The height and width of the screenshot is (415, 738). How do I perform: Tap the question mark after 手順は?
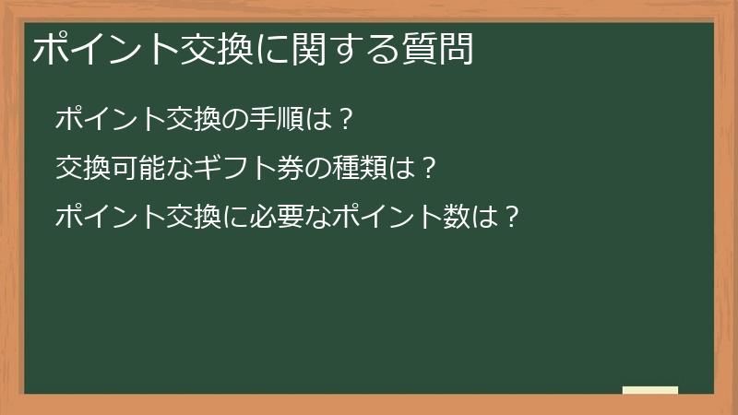(x=345, y=119)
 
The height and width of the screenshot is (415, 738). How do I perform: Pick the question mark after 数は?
(x=515, y=219)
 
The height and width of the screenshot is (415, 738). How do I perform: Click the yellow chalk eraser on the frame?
(x=650, y=390)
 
